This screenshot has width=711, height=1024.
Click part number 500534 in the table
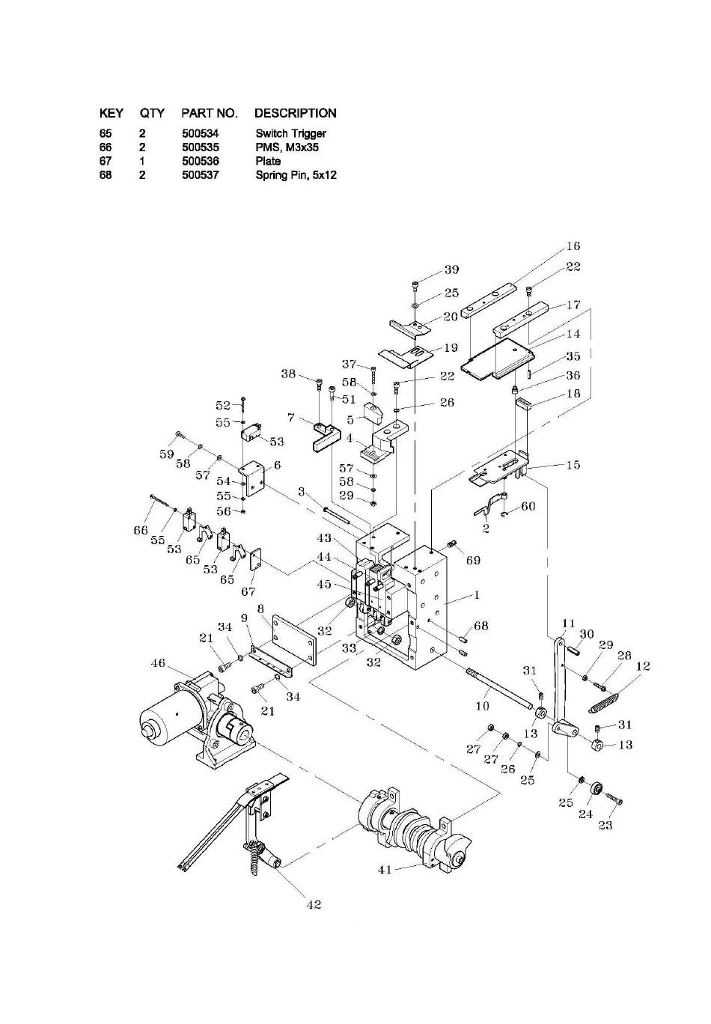pyautogui.click(x=200, y=134)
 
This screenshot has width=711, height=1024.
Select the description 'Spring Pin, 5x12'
pyautogui.click(x=296, y=175)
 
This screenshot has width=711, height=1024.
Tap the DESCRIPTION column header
pyautogui.click(x=295, y=113)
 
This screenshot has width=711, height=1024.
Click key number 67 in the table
pyautogui.click(x=106, y=162)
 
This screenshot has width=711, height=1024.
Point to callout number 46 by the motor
pyautogui.click(x=158, y=662)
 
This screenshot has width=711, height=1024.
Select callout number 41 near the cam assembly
pyautogui.click(x=385, y=869)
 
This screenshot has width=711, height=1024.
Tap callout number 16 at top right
pyautogui.click(x=573, y=246)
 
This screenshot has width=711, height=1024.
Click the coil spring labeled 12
pyautogui.click(x=603, y=703)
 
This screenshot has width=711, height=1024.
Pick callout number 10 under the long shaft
pyautogui.click(x=483, y=706)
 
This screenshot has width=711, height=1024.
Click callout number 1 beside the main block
pyautogui.click(x=477, y=595)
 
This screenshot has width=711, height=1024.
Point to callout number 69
pyautogui.click(x=474, y=560)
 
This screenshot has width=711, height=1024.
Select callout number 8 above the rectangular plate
pyautogui.click(x=260, y=609)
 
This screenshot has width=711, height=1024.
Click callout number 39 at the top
pyautogui.click(x=451, y=269)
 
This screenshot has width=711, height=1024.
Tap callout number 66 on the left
pyautogui.click(x=141, y=529)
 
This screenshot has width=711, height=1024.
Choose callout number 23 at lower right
pyautogui.click(x=605, y=825)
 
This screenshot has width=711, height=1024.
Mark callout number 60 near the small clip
pyautogui.click(x=528, y=506)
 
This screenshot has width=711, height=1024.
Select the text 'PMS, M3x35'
pyautogui.click(x=287, y=147)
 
